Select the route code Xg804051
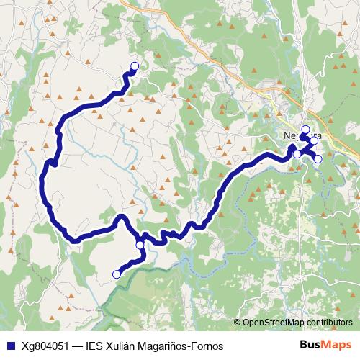click(45, 346)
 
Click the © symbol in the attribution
click(238, 323)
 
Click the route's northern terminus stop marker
click(134, 66)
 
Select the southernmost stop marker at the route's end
click(117, 274)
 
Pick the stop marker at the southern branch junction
click(140, 245)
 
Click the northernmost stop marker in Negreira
click(305, 130)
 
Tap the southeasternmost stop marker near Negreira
click(318, 158)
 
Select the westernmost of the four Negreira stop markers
click(296, 154)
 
